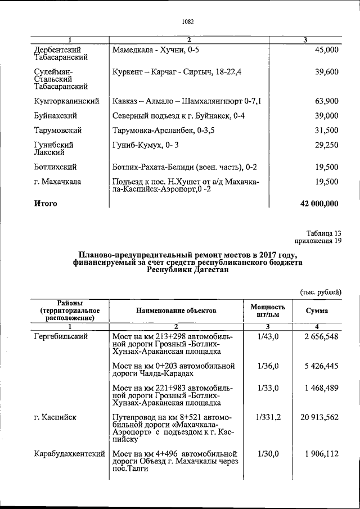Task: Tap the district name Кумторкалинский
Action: [x=66, y=101]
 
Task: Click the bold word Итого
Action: [x=46, y=203]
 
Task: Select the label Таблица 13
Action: [x=324, y=233]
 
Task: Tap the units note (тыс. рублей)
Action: [x=320, y=291]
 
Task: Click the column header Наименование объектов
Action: [x=176, y=310]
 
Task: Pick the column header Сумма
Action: [x=317, y=310]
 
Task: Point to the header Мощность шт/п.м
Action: [x=268, y=310]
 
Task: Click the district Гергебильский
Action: [x=61, y=336]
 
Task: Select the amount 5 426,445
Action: [x=318, y=366]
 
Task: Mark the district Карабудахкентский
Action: [x=69, y=453]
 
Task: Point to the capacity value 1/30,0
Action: [x=268, y=453]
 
